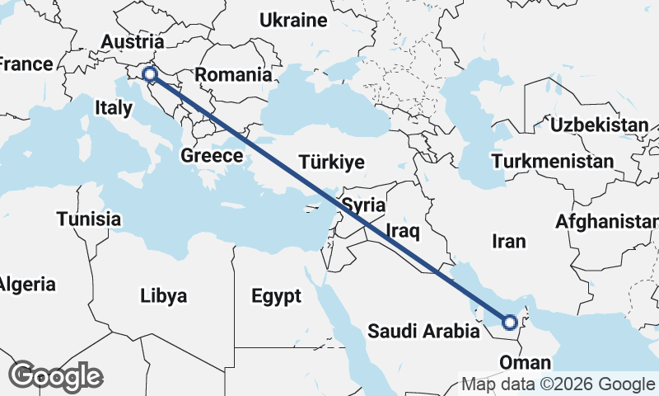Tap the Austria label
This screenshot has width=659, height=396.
click(132, 42)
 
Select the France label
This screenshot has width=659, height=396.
click(25, 64)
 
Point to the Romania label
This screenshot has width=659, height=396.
click(233, 74)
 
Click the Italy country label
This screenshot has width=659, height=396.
click(114, 107)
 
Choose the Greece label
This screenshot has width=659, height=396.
click(212, 155)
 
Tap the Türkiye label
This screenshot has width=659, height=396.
click(332, 162)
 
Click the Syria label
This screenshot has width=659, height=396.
click(363, 205)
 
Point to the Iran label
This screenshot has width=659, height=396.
click(507, 241)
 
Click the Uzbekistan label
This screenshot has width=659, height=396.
click(600, 125)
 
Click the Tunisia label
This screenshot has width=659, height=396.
click(89, 219)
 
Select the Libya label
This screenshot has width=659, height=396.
click(163, 295)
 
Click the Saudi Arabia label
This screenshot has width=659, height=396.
click(423, 332)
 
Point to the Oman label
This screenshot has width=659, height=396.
click(525, 363)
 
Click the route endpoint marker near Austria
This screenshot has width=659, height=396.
click(150, 75)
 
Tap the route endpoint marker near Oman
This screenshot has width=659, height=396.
click(510, 322)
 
